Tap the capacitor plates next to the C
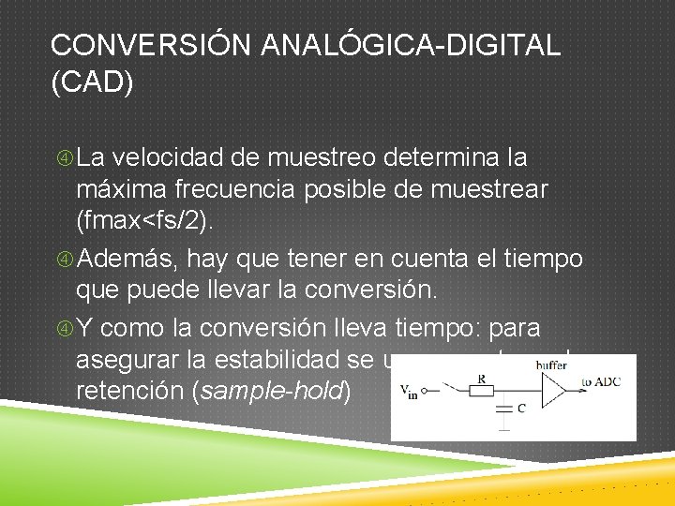[507, 409]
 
